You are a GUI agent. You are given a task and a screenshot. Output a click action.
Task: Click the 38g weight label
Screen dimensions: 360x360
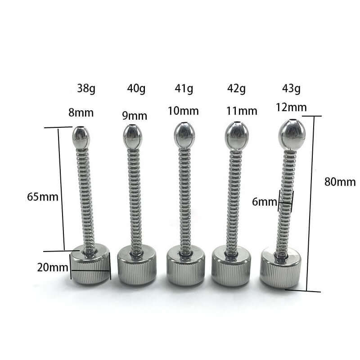point(86,88)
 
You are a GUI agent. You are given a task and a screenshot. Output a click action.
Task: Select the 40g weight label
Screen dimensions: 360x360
point(136,88)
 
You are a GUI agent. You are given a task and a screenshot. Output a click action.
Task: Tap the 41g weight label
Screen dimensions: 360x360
point(184,88)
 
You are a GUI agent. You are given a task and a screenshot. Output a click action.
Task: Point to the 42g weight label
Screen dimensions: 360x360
point(237,88)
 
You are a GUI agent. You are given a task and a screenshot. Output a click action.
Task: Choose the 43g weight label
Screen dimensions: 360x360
point(291,88)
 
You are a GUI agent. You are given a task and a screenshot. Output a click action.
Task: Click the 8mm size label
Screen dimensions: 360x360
point(81,113)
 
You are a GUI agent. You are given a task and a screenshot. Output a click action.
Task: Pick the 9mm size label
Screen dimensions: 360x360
point(135,116)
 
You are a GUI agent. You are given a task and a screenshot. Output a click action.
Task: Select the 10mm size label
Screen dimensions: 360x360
point(183,111)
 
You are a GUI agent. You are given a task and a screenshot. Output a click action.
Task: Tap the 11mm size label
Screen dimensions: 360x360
point(242,111)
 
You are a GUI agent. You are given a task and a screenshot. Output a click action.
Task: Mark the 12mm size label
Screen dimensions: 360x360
point(291,107)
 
